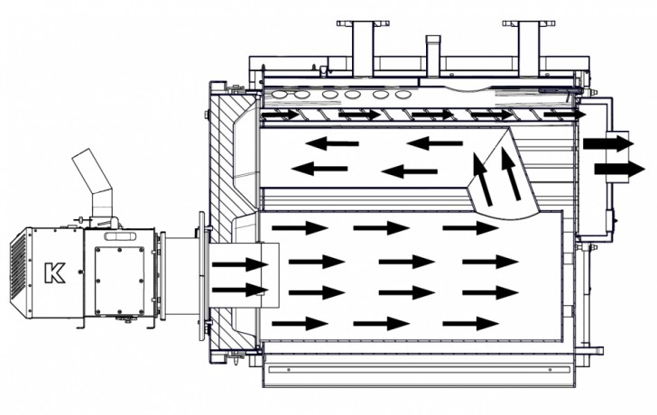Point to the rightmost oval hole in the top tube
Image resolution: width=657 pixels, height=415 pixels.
[398, 94]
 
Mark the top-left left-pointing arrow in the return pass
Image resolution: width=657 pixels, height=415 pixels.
[329, 143]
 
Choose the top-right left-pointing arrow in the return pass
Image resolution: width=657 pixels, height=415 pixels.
[434, 143]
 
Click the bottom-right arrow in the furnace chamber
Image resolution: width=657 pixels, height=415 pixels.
[470, 323]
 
